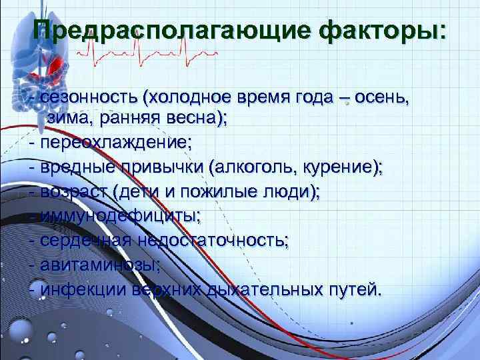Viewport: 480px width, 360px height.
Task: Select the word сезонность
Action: [87, 98]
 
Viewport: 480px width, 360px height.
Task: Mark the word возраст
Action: [74, 191]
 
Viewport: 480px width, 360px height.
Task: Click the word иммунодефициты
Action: [120, 215]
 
